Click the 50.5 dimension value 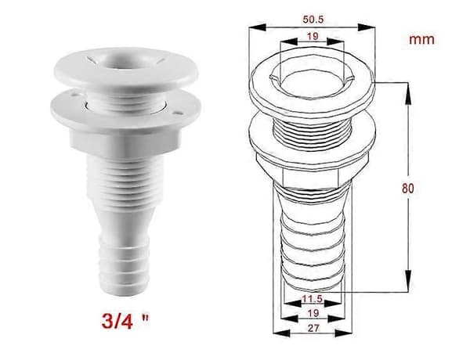click(313, 20)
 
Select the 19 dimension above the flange click(313, 37)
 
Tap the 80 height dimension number click(408, 189)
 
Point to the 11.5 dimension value click(312, 299)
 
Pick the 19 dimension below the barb click(313, 313)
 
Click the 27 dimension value click(313, 328)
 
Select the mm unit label click(421, 40)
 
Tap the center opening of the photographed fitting click(127, 63)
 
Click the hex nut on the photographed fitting click(126, 142)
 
